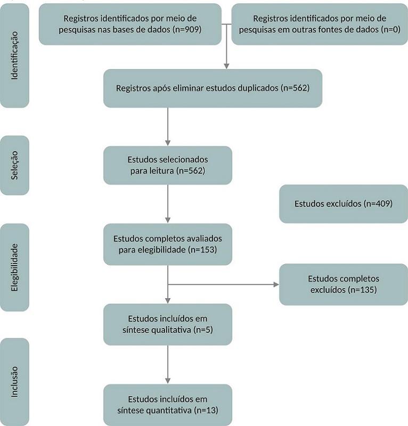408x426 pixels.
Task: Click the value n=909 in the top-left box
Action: tap(187, 29)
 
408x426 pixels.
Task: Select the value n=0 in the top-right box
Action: tap(390, 29)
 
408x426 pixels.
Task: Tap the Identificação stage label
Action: tap(14, 55)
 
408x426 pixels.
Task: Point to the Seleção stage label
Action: tap(14, 165)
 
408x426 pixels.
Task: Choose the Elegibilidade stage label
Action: tap(14, 267)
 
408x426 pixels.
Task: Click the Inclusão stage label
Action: tap(14, 382)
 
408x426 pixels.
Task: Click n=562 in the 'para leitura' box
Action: tap(191, 170)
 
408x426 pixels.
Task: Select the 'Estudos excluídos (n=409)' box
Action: tap(344, 204)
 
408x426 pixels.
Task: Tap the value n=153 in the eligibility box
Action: tap(202, 250)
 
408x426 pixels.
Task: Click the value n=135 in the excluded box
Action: tap(362, 290)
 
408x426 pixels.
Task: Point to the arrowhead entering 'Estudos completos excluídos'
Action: tap(276, 284)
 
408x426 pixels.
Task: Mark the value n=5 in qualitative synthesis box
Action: tap(203, 330)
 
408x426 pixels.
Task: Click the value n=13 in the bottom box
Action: tap(206, 410)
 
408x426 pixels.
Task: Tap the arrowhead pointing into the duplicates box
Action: tap(226, 66)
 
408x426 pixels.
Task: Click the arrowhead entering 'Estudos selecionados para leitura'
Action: tap(168, 143)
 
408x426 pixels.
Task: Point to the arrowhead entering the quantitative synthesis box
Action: tap(168, 381)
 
